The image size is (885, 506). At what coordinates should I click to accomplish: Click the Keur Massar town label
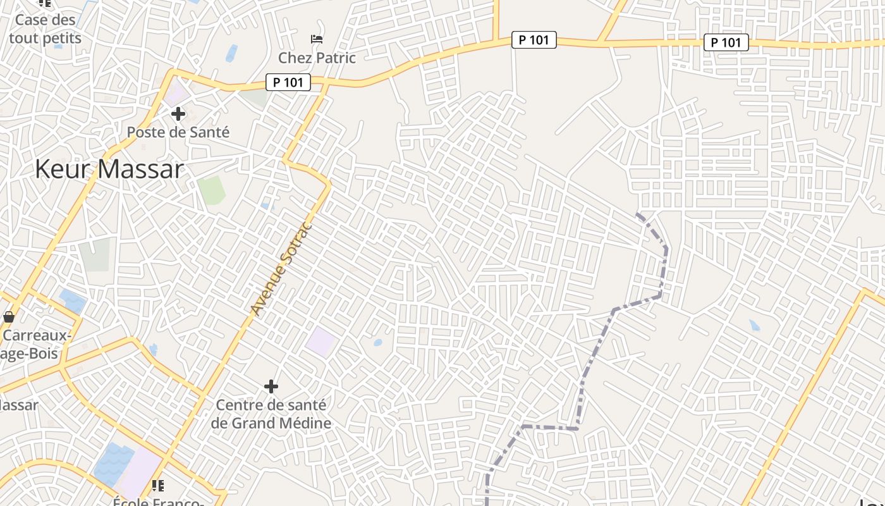109,169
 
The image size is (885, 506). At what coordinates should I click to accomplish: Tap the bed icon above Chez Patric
317,40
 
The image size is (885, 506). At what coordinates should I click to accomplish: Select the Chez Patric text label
317,58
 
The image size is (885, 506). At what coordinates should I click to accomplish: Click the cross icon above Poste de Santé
178,114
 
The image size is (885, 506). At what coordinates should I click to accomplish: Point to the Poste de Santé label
178,132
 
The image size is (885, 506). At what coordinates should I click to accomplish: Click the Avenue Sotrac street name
281,269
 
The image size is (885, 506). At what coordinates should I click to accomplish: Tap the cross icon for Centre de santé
271,386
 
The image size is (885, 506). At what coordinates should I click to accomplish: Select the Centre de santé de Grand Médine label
271,414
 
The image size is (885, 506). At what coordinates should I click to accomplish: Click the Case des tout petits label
45,29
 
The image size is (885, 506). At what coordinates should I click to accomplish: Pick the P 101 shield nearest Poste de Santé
288,82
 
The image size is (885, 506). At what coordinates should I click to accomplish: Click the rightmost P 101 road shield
726,42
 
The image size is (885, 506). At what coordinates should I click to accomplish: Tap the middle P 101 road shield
534,40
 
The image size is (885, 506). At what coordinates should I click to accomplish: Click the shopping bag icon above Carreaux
9,316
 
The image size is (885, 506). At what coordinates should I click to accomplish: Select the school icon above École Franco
158,486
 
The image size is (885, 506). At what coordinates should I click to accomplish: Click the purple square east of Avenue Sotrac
320,342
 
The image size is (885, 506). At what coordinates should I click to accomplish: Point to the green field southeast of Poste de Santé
211,190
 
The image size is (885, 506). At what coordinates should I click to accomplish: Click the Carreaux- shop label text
37,335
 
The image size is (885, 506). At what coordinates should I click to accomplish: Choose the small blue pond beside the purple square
377,343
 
